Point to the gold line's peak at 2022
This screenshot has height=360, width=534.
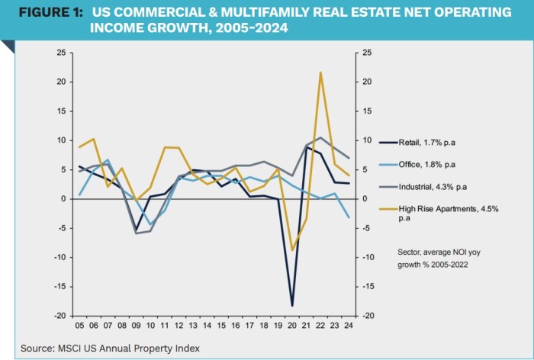point(320,72)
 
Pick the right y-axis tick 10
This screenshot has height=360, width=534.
point(367,140)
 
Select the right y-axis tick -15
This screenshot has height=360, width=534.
point(369,287)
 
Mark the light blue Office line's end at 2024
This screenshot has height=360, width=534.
point(349,218)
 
